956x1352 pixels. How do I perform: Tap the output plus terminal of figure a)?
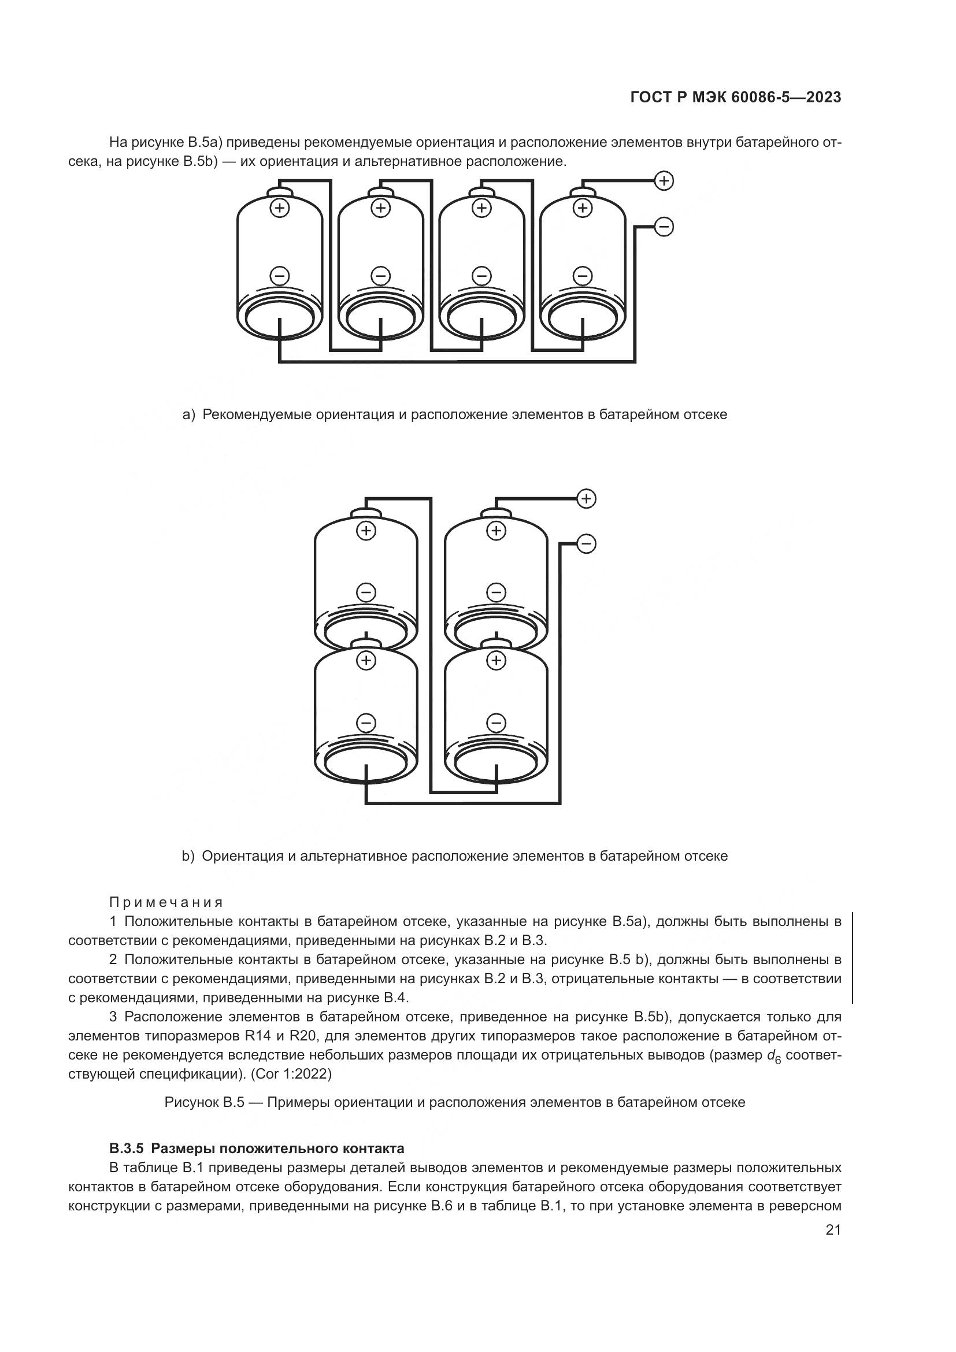pos(664,181)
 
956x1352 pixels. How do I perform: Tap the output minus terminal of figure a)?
pos(664,227)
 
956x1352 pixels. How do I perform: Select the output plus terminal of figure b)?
pos(586,499)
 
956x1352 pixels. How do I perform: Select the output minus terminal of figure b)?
pos(586,543)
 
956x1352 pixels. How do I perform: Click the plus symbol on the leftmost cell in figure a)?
pos(280,208)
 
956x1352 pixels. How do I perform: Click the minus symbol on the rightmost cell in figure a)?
pos(583,275)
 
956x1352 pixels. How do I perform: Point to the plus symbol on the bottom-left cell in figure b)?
pos(366,660)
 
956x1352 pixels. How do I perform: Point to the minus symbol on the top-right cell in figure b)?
pos(496,592)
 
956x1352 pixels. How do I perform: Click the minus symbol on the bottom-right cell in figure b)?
pos(496,722)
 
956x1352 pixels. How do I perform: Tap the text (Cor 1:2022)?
pos(291,1074)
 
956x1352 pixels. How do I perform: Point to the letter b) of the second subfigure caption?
pos(188,855)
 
